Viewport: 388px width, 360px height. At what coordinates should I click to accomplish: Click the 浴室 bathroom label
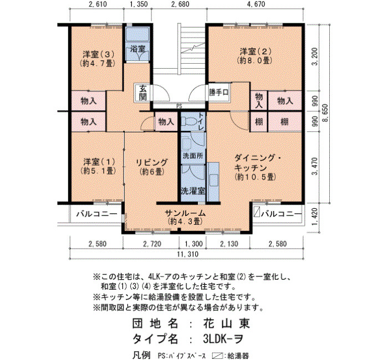click(x=137, y=49)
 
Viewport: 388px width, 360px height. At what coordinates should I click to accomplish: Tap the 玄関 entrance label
click(x=143, y=92)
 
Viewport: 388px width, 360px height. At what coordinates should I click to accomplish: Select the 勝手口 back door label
click(x=218, y=92)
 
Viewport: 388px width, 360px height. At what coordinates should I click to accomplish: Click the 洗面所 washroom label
click(x=193, y=156)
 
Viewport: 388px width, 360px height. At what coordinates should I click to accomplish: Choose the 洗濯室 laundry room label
click(x=193, y=191)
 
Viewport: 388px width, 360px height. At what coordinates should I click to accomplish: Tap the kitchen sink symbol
click(x=214, y=180)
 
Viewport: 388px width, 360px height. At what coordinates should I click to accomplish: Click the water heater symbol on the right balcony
click(x=257, y=213)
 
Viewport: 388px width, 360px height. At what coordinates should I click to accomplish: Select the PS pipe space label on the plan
click(x=179, y=106)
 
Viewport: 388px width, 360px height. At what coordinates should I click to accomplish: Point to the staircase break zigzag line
click(x=193, y=48)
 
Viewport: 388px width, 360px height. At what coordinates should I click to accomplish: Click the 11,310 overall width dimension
click(x=187, y=254)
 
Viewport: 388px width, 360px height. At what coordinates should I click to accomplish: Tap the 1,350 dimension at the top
click(x=137, y=4)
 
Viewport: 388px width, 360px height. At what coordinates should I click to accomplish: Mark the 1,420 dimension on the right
click(x=315, y=217)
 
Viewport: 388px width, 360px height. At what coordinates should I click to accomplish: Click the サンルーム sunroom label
click(x=185, y=213)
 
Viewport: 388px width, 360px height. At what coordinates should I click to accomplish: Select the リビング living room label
click(x=152, y=162)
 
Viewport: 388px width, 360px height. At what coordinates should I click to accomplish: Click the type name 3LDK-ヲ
click(x=223, y=339)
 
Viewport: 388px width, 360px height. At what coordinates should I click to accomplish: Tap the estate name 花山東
click(x=226, y=323)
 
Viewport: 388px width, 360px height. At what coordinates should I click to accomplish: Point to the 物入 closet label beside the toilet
click(x=166, y=122)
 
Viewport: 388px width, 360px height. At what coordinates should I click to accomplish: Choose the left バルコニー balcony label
click(x=96, y=214)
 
